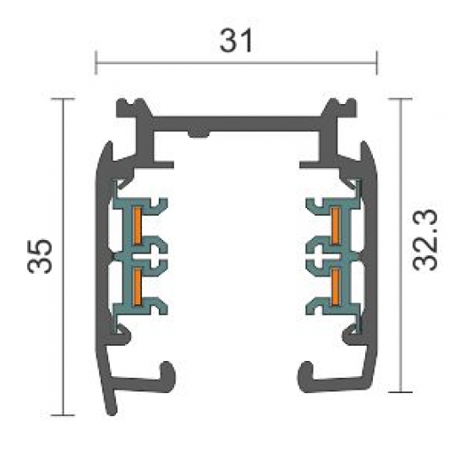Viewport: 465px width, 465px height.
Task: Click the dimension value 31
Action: click(237, 41)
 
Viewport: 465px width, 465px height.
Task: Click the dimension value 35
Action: click(40, 255)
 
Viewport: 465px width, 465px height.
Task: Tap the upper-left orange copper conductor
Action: click(136, 226)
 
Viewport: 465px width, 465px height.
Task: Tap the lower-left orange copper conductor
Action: click(136, 286)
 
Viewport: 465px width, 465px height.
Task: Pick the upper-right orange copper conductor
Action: click(335, 226)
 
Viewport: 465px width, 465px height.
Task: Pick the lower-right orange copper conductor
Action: click(335, 286)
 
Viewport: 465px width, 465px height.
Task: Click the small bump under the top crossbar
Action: click(199, 134)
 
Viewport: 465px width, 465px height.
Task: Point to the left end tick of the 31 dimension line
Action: click(96, 63)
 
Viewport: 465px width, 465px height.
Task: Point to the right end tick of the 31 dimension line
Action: click(376, 63)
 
